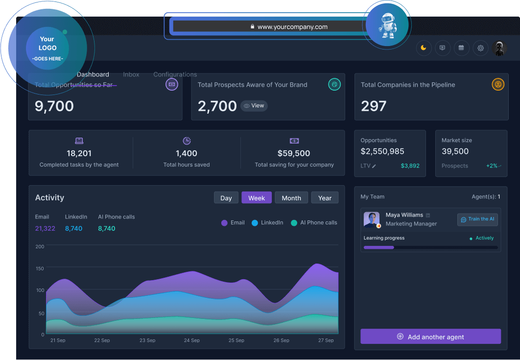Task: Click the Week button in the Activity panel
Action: point(257,198)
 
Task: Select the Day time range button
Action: point(226,198)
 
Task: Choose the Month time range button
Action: point(291,198)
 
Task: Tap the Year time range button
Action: point(325,198)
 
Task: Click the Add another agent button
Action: point(430,336)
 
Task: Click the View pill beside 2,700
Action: point(254,106)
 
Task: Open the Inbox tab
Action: point(131,74)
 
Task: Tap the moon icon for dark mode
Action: point(424,48)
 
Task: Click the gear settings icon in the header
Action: point(480,48)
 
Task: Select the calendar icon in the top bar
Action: point(461,48)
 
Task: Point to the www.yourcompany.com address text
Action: point(292,27)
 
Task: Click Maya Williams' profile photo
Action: point(372,219)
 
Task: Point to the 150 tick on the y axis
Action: point(40,268)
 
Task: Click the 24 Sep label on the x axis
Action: point(191,340)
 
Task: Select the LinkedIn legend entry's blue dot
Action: point(255,223)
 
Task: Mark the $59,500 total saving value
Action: point(294,153)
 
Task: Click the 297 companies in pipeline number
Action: point(374,106)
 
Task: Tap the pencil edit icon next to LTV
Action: point(374,166)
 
